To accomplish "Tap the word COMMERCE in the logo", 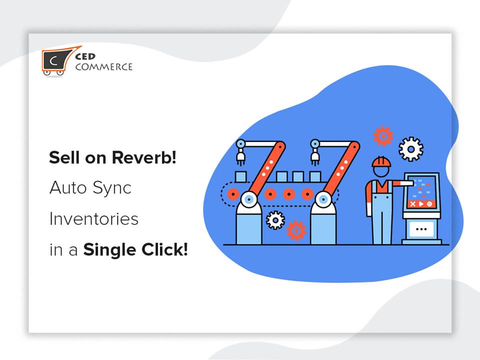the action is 104,66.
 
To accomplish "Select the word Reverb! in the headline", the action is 144,157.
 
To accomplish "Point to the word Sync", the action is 111,188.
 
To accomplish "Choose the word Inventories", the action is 93,219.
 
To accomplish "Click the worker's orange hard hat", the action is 381,161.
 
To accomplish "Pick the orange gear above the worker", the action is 383,136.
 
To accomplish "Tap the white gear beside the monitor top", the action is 411,149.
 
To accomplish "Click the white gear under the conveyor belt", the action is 275,220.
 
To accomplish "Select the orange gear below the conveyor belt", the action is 296,230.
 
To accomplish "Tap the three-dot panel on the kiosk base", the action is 421,228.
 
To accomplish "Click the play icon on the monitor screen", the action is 421,204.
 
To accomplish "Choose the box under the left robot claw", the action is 240,176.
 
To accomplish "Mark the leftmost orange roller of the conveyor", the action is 233,194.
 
